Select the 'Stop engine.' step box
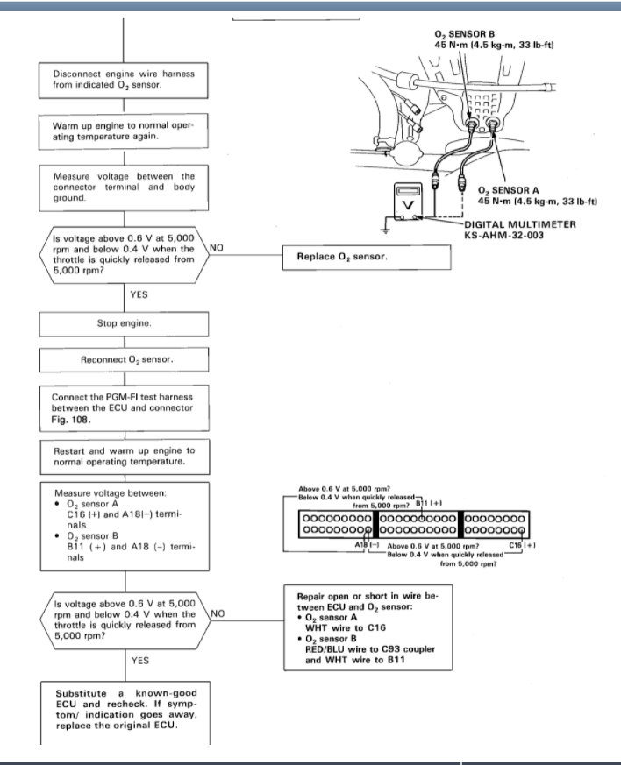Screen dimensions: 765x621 [x=124, y=323]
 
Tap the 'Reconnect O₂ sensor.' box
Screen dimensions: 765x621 [x=124, y=360]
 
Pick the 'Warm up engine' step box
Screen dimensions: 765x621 [x=124, y=131]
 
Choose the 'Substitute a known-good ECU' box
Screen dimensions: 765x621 [x=124, y=709]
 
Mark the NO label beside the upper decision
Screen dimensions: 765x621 [x=218, y=248]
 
